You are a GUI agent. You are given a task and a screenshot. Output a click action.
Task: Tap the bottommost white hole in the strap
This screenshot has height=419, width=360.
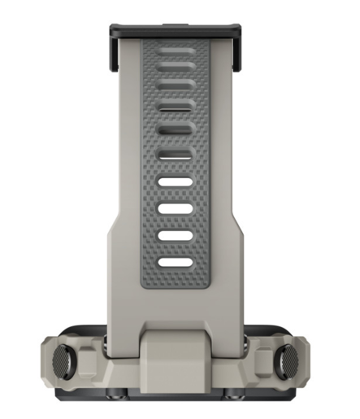coord(176,263)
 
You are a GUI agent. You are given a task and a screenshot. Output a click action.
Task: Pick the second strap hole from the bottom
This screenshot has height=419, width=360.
coord(176,236)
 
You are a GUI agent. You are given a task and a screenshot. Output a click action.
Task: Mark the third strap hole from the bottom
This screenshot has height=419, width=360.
coord(176,209)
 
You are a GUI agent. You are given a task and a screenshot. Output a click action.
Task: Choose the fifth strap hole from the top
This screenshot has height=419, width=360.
coord(176,155)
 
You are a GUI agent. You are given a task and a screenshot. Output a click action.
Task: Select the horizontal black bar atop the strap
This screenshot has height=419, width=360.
coord(176,29)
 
